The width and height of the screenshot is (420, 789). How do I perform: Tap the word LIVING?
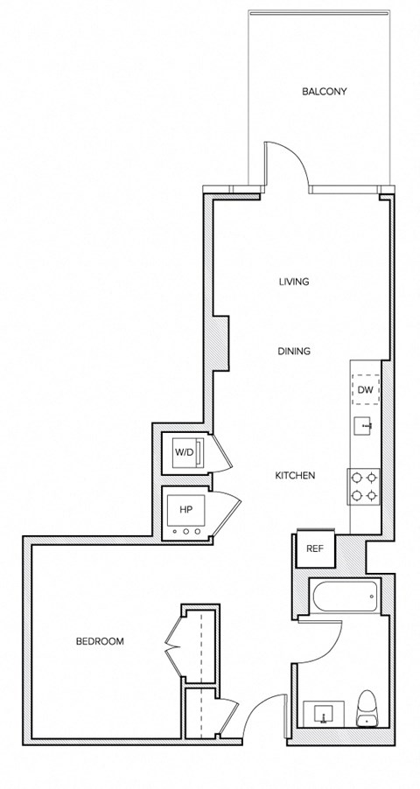294,282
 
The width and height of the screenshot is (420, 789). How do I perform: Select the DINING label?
294,352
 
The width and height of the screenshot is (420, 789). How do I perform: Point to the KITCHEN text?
295,476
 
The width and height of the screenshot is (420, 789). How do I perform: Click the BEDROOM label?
100,641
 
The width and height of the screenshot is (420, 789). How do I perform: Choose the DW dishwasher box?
366,388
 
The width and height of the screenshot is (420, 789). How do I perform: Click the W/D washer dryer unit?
187,452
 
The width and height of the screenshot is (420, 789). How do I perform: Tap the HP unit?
186,516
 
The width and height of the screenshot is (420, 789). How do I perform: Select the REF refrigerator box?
314,548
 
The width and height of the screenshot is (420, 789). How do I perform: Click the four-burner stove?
365,487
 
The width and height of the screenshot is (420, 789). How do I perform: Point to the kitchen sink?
365,428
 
